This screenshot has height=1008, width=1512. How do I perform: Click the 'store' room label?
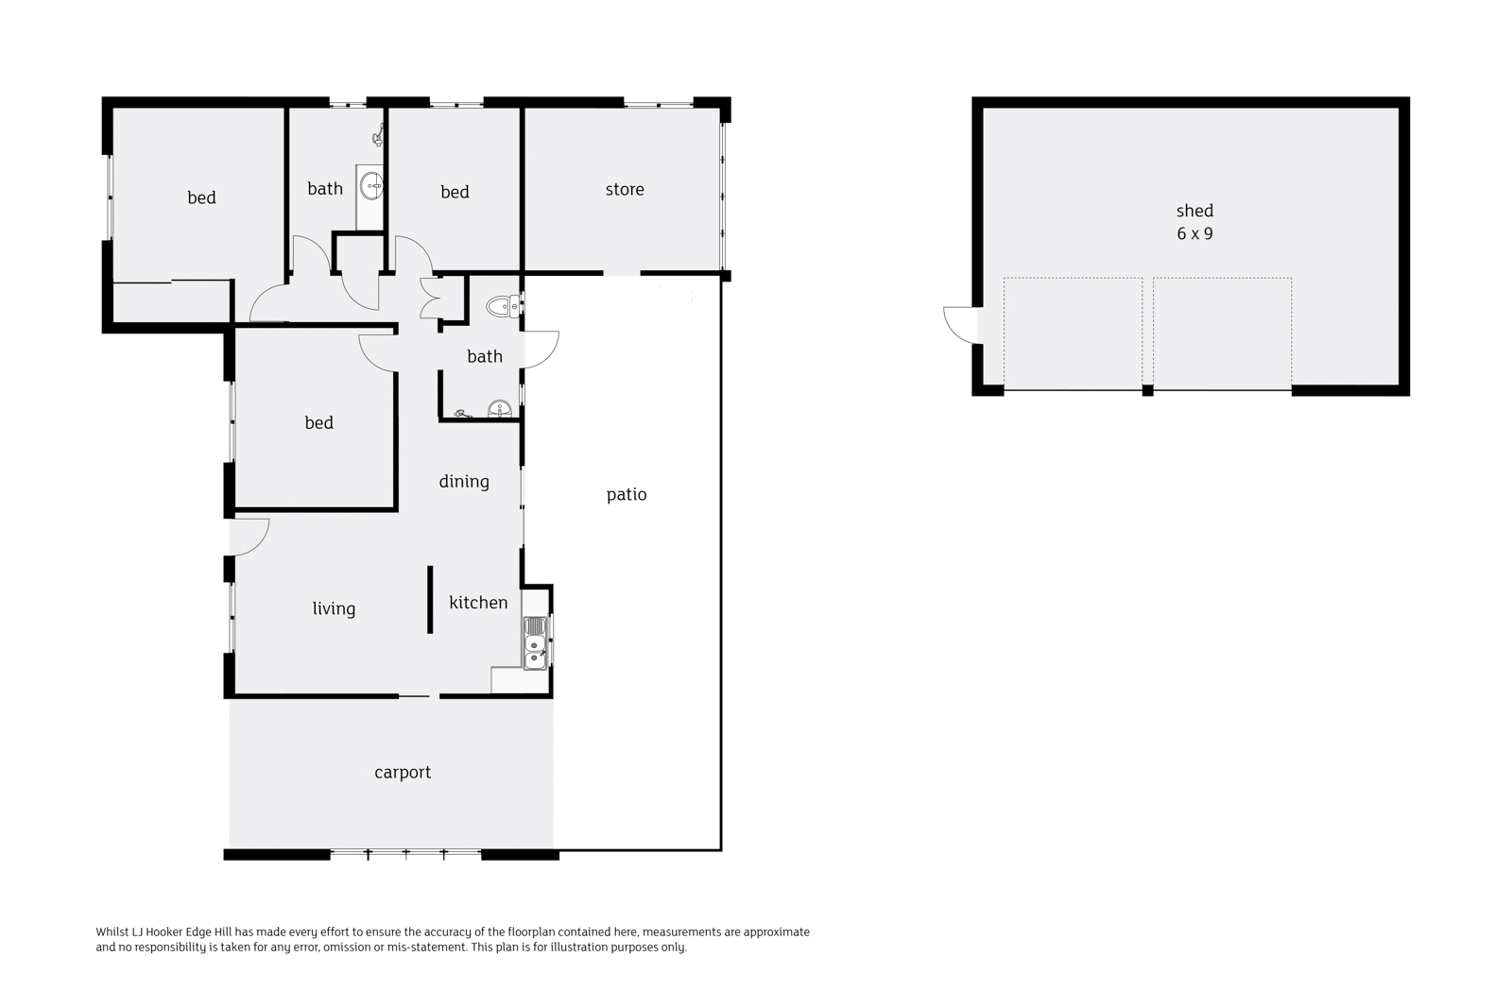point(625,190)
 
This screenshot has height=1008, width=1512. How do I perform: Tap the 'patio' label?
point(627,495)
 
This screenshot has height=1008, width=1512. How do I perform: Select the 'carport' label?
point(403,773)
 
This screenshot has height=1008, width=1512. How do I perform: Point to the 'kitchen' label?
point(478,602)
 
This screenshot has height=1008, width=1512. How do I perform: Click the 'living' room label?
point(334,608)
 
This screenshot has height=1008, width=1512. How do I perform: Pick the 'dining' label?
point(464,481)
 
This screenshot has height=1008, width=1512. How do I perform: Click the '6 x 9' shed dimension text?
point(1194,234)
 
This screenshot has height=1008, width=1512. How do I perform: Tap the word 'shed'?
point(1194,211)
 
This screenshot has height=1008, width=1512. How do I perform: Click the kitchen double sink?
point(535,643)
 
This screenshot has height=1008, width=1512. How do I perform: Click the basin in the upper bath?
point(370,185)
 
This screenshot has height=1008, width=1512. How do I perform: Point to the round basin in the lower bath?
point(500,408)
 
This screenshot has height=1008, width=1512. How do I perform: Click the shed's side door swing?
point(960,325)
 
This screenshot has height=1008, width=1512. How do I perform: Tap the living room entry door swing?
point(249,537)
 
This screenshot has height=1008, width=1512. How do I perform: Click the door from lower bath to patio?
point(540,350)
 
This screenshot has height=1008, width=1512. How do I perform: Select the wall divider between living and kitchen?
point(430,599)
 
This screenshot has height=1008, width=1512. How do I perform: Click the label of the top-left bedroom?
point(201,197)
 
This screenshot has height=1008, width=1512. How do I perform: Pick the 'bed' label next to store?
point(455,193)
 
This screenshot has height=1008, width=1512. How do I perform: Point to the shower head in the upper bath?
point(379,137)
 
